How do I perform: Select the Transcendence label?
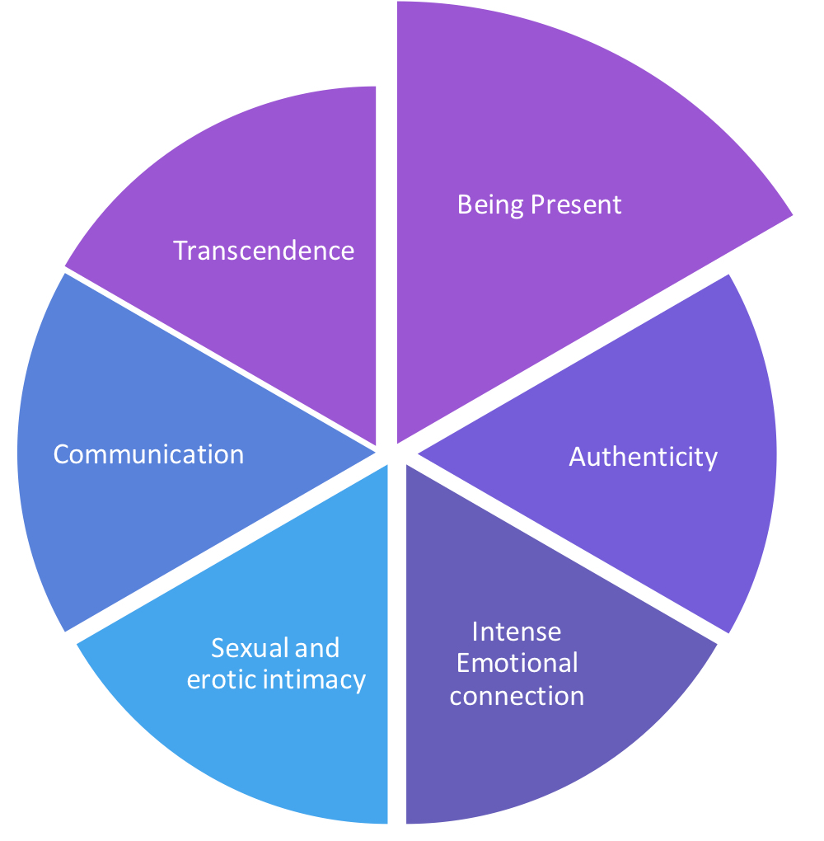point(264,250)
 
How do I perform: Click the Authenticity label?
point(643,456)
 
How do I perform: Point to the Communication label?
point(148,453)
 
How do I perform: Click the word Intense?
point(517,632)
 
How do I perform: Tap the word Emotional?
point(517,663)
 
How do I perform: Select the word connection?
point(517,695)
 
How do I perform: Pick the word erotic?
point(218,679)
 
